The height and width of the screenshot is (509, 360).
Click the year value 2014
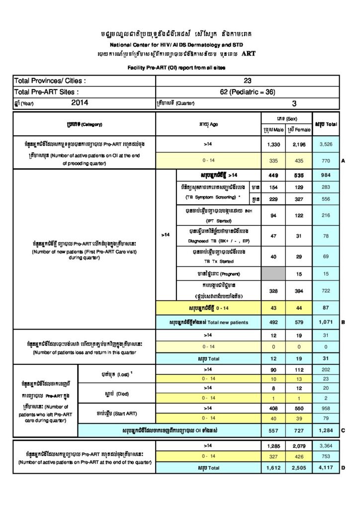(x=80, y=103)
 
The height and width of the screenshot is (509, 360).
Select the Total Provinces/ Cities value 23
(x=248, y=81)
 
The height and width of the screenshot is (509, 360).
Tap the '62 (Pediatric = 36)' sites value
(x=248, y=92)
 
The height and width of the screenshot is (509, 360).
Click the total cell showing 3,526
(x=325, y=144)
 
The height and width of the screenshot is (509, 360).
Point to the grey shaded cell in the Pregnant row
(x=273, y=273)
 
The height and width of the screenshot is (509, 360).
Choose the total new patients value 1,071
(x=325, y=322)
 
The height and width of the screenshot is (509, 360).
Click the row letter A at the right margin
(x=343, y=161)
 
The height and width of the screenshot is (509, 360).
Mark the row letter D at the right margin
(x=343, y=468)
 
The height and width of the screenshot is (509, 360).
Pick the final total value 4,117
(x=325, y=468)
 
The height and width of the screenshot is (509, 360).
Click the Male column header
(x=273, y=129)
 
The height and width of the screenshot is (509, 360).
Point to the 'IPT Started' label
(x=215, y=221)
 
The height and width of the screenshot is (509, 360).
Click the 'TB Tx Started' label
(x=215, y=261)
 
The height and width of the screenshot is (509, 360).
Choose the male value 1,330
(x=273, y=144)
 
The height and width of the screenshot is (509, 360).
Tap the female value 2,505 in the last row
(x=299, y=468)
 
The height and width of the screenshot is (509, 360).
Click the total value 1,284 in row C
(x=325, y=429)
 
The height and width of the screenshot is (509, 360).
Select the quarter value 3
(x=294, y=103)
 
